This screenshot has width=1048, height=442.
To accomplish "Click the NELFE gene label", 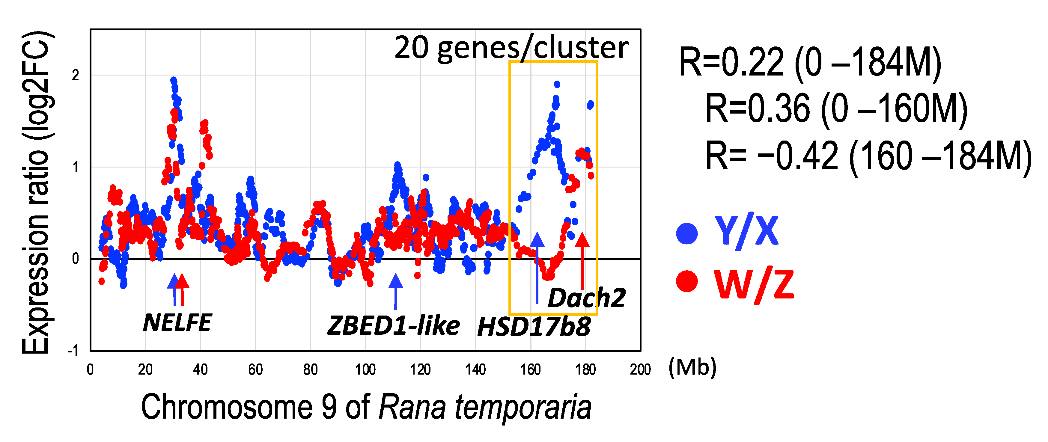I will [x=177, y=322].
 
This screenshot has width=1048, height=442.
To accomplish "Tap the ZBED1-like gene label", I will [x=393, y=326].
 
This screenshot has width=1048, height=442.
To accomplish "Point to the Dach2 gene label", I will [x=586, y=298].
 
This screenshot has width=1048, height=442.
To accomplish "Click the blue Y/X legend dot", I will [x=687, y=233].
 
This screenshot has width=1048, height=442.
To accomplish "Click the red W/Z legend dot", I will [x=687, y=281].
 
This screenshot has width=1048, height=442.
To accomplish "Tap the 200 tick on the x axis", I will [x=640, y=369].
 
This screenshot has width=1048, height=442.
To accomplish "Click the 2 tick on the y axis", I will [x=75, y=75].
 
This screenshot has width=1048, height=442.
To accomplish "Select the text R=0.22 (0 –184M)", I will [x=810, y=63].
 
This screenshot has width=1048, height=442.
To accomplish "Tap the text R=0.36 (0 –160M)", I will [x=836, y=109].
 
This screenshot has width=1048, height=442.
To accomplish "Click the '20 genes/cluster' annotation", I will [x=511, y=48].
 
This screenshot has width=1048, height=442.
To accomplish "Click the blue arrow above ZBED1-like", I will [x=395, y=291].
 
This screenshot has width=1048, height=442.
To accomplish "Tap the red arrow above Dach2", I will [x=582, y=260].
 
